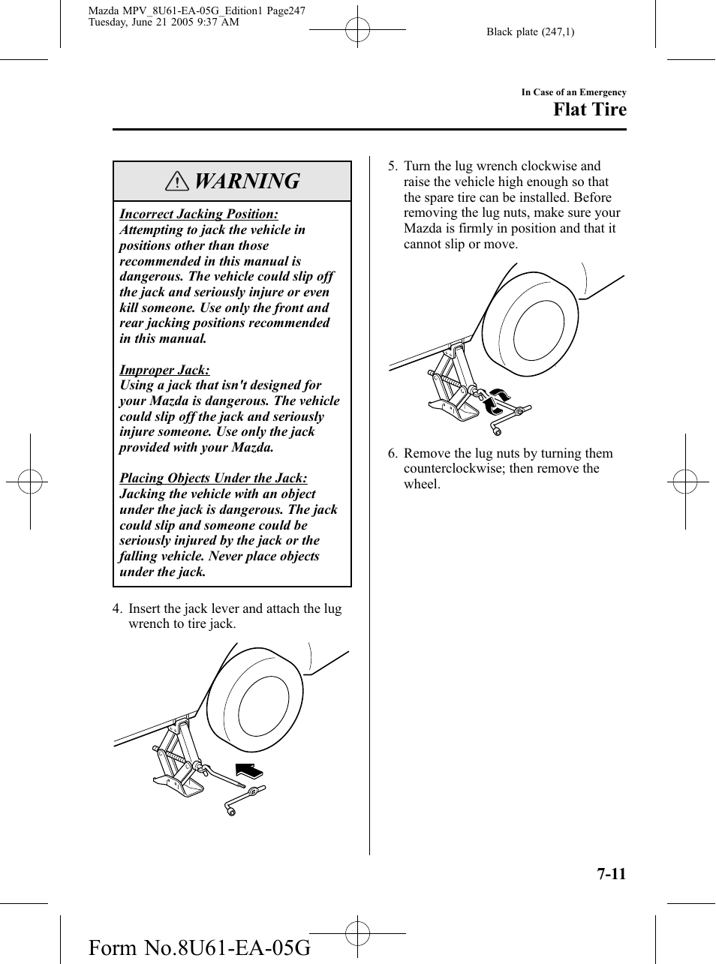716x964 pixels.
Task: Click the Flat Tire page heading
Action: coord(589,110)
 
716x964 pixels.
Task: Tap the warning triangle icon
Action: coord(177,182)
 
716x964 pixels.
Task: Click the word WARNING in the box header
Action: coord(246,182)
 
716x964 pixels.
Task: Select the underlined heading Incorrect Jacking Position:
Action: coord(199,215)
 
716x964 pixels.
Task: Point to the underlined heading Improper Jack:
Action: coord(164,370)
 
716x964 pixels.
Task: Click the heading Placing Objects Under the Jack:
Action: coord(213,478)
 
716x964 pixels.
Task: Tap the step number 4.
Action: coord(116,608)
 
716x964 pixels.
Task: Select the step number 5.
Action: coord(392,167)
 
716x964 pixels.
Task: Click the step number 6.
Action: coord(392,453)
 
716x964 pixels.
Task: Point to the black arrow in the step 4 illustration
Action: coord(249,770)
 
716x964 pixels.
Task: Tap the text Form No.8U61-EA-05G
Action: coord(199,947)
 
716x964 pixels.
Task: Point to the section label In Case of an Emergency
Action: coord(573,92)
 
